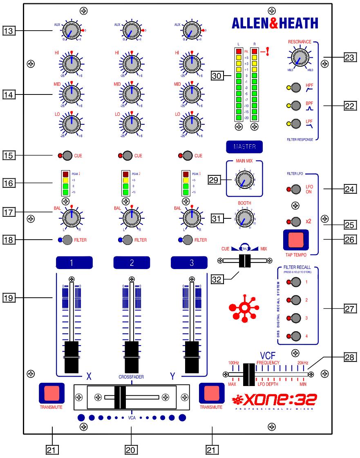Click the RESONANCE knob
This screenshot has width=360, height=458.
(300, 58)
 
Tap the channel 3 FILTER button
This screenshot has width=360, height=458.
(188, 240)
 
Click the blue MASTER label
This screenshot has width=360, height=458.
(244, 146)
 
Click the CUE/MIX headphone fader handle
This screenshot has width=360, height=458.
(244, 260)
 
